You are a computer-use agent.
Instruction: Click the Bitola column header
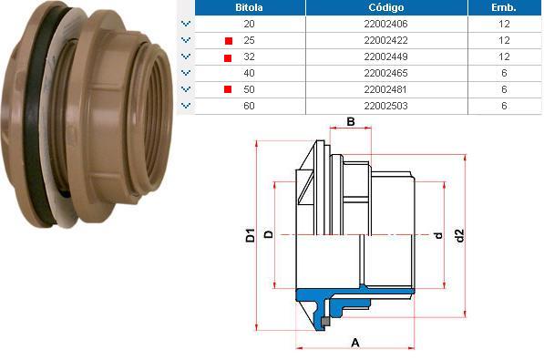250,7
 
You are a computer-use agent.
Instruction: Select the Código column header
385,7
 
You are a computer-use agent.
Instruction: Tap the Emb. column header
504,7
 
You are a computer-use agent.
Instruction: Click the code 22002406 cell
385,24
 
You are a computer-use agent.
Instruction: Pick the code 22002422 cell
385,40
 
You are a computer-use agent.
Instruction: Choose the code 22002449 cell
385,57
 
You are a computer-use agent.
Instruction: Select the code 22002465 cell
385,73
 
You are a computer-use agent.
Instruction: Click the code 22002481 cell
385,89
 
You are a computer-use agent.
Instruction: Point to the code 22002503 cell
385,106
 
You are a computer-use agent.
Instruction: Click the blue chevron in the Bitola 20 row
186,25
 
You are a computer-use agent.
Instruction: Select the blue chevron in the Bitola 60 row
186,107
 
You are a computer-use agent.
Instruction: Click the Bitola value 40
250,73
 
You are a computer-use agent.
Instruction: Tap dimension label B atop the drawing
350,121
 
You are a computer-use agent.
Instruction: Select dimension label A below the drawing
354,343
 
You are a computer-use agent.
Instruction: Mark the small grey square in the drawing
323,322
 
